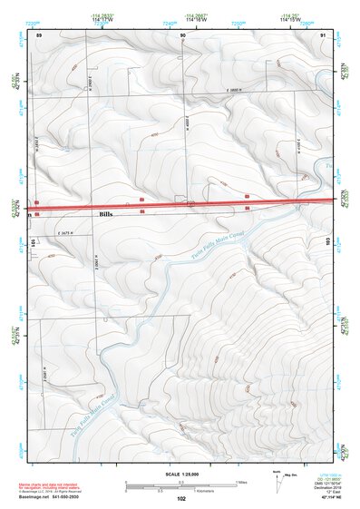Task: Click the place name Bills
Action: coord(106,214)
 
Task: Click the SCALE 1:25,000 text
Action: coord(180,475)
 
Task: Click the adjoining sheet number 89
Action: coord(38,34)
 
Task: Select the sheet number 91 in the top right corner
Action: coord(324,34)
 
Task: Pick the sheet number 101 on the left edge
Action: coord(34,242)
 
